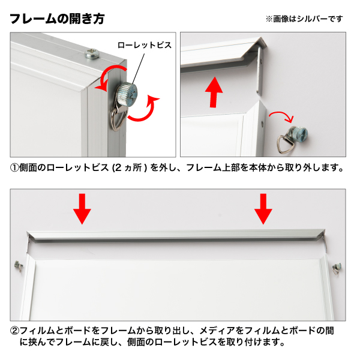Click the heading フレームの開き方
pos(57,19)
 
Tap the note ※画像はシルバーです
pos(304,19)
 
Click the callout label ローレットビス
pos(145,45)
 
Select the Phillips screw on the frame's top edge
pos(92,54)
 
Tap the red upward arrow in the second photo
pos(214,92)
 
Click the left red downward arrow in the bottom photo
pos(82,209)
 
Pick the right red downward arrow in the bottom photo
pos(263,209)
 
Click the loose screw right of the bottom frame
pos(337,268)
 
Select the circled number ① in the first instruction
pos(14,168)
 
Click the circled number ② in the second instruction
pos(14,331)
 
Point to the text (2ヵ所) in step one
pos(130,168)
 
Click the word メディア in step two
pos(217,331)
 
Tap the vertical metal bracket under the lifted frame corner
pos(260,71)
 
